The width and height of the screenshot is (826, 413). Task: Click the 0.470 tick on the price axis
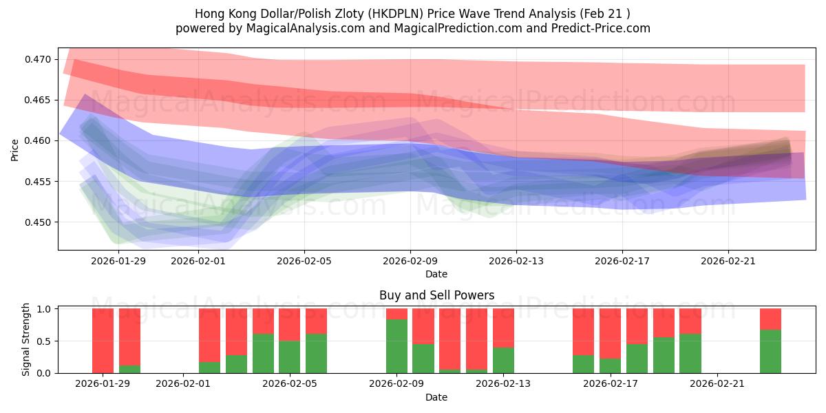click(39, 59)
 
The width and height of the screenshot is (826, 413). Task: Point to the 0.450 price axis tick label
click(39, 222)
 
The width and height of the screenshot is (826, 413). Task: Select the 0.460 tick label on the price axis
click(39, 141)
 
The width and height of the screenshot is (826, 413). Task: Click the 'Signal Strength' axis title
click(27, 339)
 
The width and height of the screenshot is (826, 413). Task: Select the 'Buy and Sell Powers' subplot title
click(436, 295)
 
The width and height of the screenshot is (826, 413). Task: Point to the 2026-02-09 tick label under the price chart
click(410, 261)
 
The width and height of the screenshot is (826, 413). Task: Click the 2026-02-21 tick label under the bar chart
click(717, 383)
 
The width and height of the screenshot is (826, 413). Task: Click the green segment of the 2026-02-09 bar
click(396, 346)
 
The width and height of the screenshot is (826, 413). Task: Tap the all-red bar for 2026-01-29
click(103, 341)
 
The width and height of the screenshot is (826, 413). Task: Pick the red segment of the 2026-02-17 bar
click(610, 333)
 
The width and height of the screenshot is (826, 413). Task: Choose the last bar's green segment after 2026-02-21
click(770, 351)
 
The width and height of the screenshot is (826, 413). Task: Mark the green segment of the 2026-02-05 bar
click(290, 357)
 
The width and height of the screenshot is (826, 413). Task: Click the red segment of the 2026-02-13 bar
click(503, 328)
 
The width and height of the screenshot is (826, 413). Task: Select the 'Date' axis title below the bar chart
click(436, 397)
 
